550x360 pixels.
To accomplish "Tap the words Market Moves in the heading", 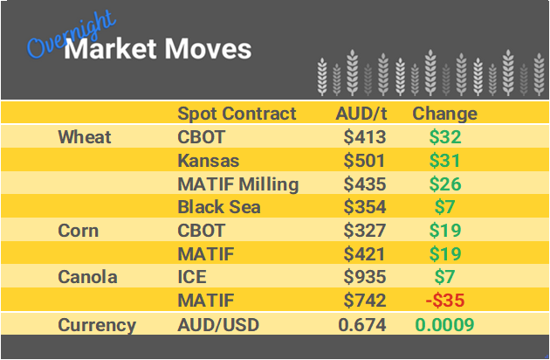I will (x=158, y=48).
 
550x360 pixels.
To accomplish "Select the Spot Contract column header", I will (x=237, y=114).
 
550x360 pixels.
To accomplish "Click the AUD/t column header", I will (x=361, y=114).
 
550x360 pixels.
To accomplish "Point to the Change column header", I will (x=444, y=114).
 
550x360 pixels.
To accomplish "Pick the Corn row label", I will (x=78, y=232).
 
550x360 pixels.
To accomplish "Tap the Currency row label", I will (x=97, y=325).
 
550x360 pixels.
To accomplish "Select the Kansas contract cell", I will (x=208, y=161).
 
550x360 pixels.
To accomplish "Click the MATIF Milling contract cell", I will (x=238, y=184).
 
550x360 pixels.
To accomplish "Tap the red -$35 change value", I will (x=443, y=301).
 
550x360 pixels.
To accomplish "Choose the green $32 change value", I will (x=444, y=137).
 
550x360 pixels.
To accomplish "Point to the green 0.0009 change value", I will (x=444, y=325).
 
